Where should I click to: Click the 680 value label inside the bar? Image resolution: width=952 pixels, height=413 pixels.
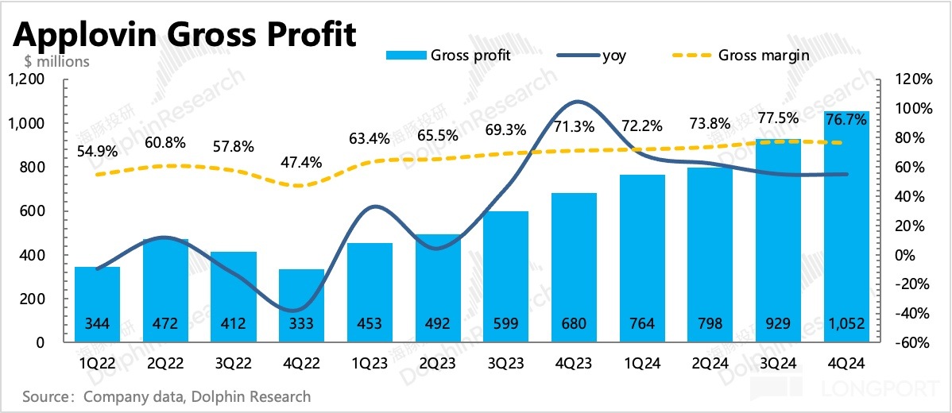574,324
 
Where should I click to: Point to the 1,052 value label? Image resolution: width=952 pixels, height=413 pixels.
846,324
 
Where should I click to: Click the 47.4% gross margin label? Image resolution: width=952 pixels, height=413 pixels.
301,163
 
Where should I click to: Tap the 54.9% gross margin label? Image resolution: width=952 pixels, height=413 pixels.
97,152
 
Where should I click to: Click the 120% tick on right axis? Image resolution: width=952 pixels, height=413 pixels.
913,79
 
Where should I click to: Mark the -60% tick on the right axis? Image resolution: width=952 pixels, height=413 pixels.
911,343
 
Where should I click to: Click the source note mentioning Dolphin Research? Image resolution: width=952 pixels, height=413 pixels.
167,396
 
